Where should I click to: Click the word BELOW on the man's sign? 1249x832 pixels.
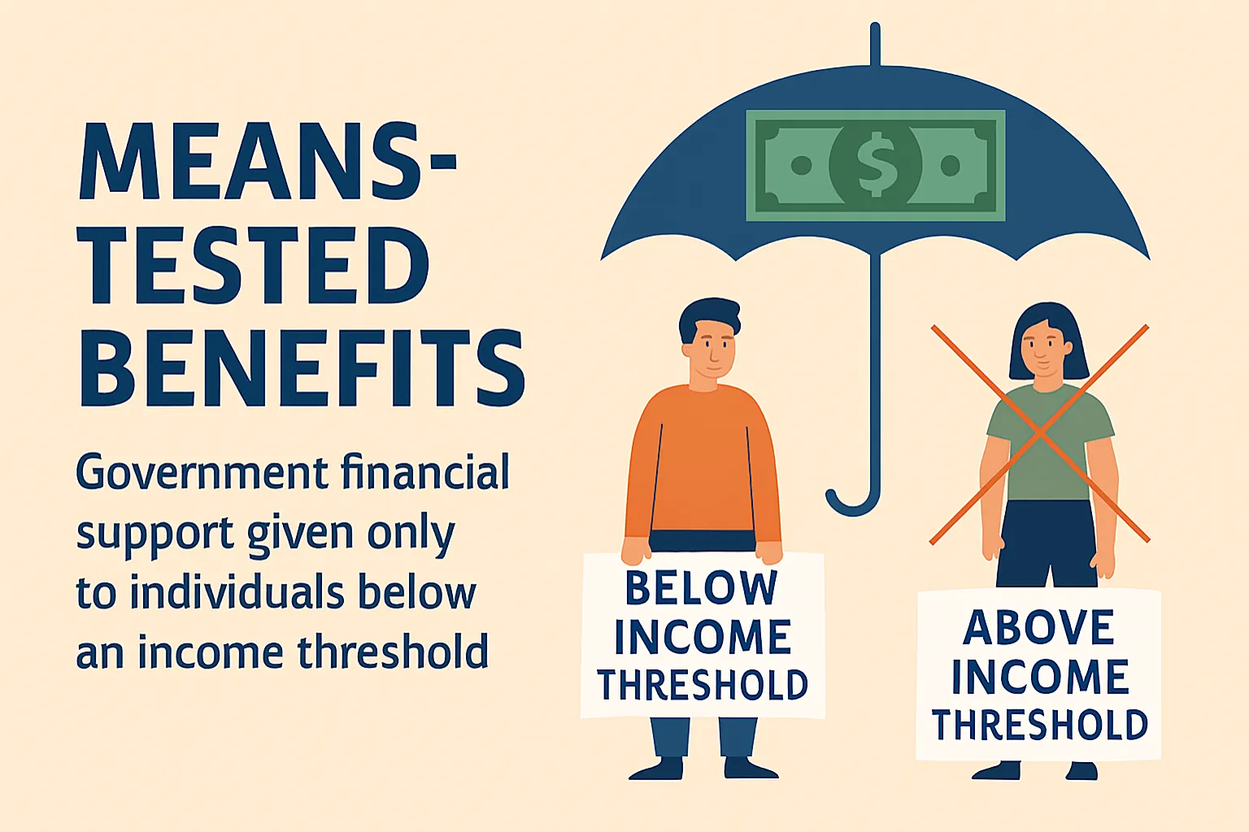702,588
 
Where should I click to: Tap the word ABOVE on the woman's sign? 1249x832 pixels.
1038,628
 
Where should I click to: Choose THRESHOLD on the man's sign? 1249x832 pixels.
703,686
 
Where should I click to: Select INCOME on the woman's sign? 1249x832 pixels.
1040,677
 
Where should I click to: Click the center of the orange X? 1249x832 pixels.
1039,433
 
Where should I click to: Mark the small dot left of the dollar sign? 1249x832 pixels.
801,166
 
